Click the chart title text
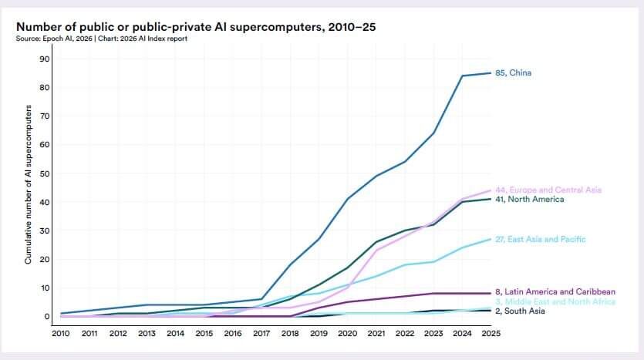(x=196, y=27)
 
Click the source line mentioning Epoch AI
(x=101, y=39)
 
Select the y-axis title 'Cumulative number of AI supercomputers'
(x=28, y=186)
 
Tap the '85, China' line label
(x=513, y=73)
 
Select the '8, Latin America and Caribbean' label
(x=555, y=292)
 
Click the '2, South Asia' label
(x=520, y=311)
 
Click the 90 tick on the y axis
(x=45, y=59)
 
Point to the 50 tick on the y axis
(x=45, y=173)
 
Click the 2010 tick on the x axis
(x=61, y=334)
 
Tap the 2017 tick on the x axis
(x=261, y=334)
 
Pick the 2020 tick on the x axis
(x=347, y=334)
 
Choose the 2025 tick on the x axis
(x=490, y=334)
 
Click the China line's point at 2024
(x=461, y=76)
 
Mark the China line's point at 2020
(x=347, y=199)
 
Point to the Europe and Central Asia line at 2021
(x=376, y=250)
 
